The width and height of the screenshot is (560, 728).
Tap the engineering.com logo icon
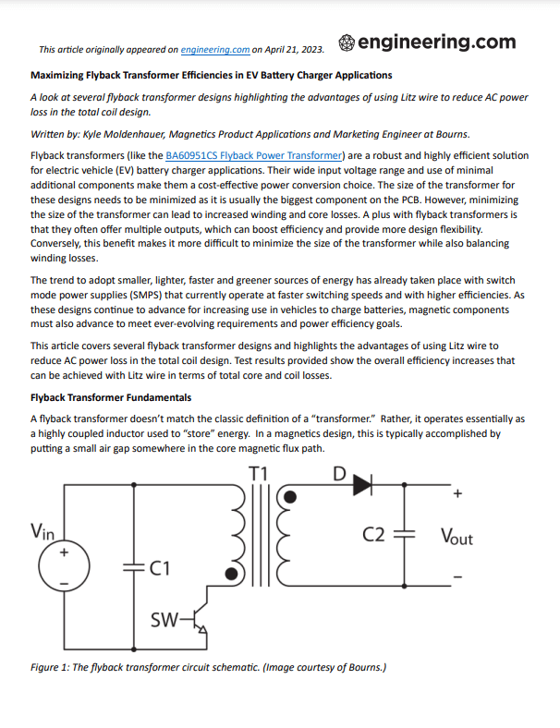click(x=346, y=42)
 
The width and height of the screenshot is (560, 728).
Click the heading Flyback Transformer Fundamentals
click(x=111, y=397)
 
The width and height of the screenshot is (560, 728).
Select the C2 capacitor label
click(x=374, y=535)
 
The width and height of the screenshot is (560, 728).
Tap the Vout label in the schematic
click(x=457, y=536)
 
